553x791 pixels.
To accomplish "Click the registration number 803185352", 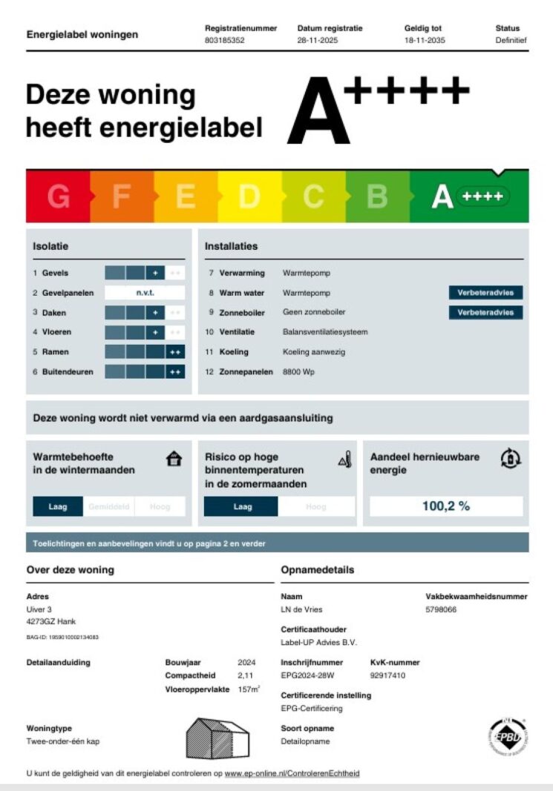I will (224, 40).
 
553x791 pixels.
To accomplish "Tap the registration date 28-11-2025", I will (318, 40).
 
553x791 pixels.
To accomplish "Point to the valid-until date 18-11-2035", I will (425, 40).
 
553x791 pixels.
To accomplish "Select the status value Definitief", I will (511, 40).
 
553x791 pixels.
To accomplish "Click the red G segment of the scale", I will (58, 197).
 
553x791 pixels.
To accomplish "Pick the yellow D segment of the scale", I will (249, 197).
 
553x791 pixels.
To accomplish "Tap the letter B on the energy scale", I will (378, 197).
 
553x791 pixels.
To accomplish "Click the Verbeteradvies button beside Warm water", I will (485, 293).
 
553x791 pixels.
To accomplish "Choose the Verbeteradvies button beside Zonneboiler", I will (485, 312).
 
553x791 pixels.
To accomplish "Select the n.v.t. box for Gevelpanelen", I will (144, 293).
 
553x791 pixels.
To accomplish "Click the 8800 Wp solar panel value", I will (298, 371).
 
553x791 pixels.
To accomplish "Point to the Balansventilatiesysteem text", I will (325, 332).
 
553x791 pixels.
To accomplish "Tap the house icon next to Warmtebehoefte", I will (174, 460).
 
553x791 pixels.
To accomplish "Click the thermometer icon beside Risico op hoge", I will (344, 460).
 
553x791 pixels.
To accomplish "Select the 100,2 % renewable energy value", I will (446, 506).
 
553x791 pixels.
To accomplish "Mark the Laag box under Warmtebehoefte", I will (58, 507).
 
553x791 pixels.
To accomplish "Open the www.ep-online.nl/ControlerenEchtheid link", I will (292, 773).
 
